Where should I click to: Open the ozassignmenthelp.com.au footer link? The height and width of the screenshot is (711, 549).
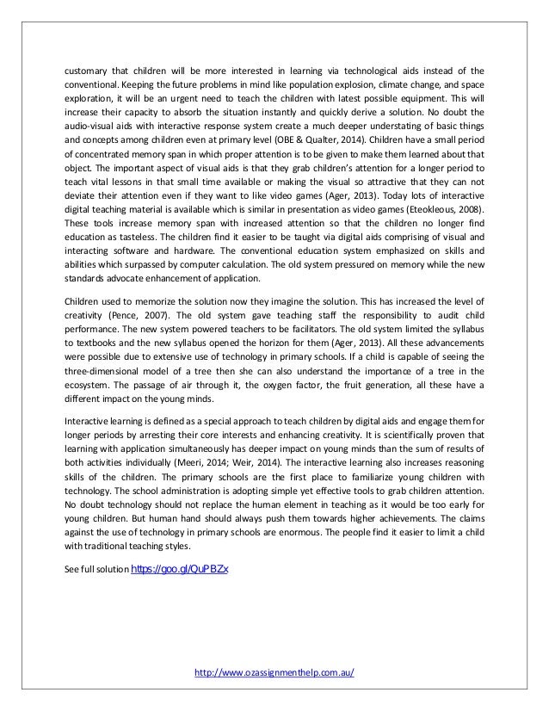pyautogui.click(x=274, y=673)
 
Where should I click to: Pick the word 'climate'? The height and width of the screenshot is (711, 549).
pyautogui.click(x=359, y=86)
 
